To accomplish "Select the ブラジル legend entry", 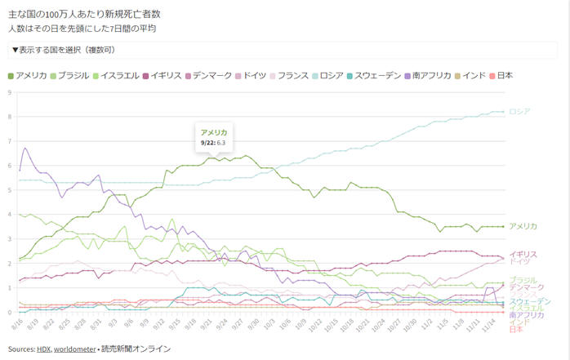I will (x=73, y=76).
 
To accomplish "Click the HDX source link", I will (x=43, y=349).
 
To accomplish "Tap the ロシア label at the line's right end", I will (x=519, y=112).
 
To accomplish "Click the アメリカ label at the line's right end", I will (x=523, y=226).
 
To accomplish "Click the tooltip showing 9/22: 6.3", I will (x=214, y=137).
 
